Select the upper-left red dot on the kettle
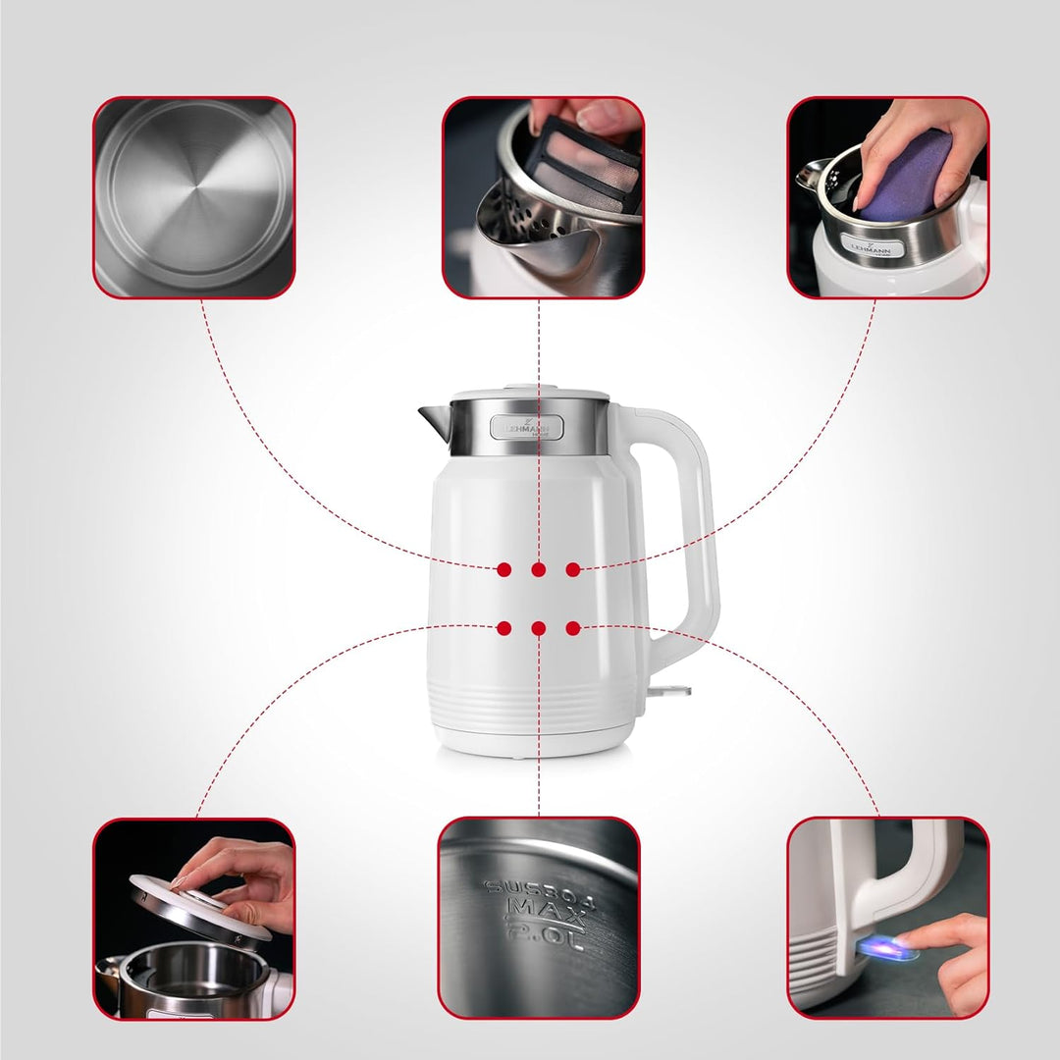coord(504,569)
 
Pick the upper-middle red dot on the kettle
coord(539,569)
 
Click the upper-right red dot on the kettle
coord(573,569)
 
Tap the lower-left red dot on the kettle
coord(504,628)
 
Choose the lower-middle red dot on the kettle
coord(539,628)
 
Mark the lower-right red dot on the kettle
coord(573,628)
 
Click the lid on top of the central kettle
coord(530,391)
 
